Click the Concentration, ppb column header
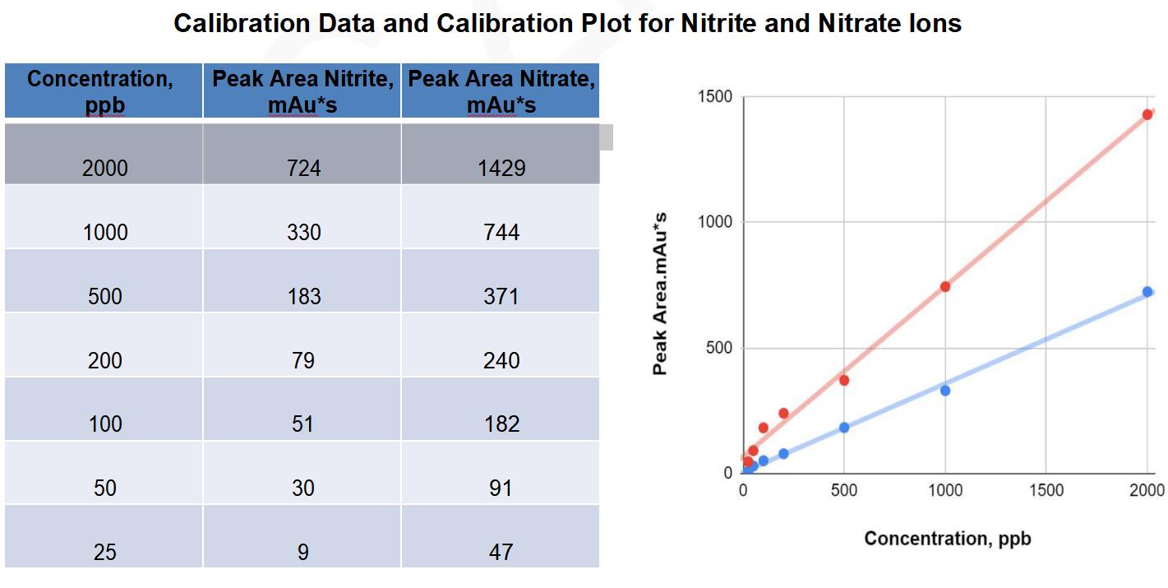pyautogui.click(x=104, y=91)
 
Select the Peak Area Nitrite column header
pyautogui.click(x=302, y=91)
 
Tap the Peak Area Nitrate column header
pyautogui.click(x=501, y=91)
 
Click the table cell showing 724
pyautogui.click(x=302, y=168)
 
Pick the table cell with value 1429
pyautogui.click(x=501, y=168)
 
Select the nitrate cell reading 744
pyautogui.click(x=501, y=232)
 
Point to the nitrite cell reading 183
pyautogui.click(x=302, y=296)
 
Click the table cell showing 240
pyautogui.click(x=501, y=360)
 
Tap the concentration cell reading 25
pyautogui.click(x=104, y=552)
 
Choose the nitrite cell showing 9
pyautogui.click(x=302, y=552)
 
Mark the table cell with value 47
pyautogui.click(x=501, y=552)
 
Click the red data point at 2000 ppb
pyautogui.click(x=1147, y=114)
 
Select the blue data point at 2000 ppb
pyautogui.click(x=1147, y=291)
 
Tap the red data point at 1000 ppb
pyautogui.click(x=945, y=286)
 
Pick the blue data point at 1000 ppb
pyautogui.click(x=945, y=391)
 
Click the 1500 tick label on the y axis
pyautogui.click(x=714, y=97)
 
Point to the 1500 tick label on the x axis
pyautogui.click(x=1046, y=491)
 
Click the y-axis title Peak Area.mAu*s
pyautogui.click(x=660, y=294)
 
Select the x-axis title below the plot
pyautogui.click(x=947, y=539)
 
